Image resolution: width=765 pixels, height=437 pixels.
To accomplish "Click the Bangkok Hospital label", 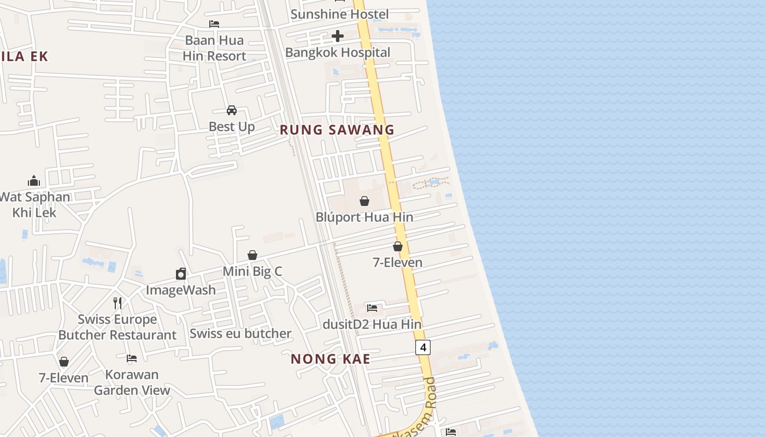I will (x=338, y=52).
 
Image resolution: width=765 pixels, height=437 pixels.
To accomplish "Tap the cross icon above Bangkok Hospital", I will (x=338, y=37).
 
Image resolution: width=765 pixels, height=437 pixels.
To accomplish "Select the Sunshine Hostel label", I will (x=339, y=14).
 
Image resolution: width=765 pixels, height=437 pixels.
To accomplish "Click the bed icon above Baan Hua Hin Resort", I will (x=214, y=24).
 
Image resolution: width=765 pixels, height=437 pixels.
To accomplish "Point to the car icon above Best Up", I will (x=232, y=110).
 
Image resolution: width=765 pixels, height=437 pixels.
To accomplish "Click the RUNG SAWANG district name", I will (x=337, y=130).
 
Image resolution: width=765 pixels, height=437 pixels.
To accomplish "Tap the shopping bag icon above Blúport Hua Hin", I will (x=364, y=201).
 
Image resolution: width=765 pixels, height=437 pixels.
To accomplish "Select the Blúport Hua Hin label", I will (x=364, y=217).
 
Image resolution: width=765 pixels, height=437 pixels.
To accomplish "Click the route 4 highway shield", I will (x=423, y=347).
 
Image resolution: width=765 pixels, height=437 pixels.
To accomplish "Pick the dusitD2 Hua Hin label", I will (x=372, y=324).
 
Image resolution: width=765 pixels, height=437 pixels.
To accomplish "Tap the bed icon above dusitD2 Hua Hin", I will (x=372, y=308).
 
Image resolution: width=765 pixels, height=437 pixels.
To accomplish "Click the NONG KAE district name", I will (x=331, y=359).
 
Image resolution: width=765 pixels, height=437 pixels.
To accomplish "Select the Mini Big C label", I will (x=252, y=271).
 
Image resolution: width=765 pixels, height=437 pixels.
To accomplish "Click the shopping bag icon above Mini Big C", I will (x=252, y=255).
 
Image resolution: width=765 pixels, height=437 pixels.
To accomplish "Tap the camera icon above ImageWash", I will (x=181, y=274).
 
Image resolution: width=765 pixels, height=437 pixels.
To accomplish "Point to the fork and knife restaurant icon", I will (x=117, y=303).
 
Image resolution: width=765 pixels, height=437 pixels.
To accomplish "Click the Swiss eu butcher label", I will (x=240, y=333).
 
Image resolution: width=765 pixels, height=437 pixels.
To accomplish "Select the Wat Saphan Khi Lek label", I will (x=34, y=204).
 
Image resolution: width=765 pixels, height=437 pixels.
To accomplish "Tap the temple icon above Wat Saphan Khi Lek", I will (x=34, y=181).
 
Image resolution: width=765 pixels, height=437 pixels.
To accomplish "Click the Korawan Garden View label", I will (x=132, y=382).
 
